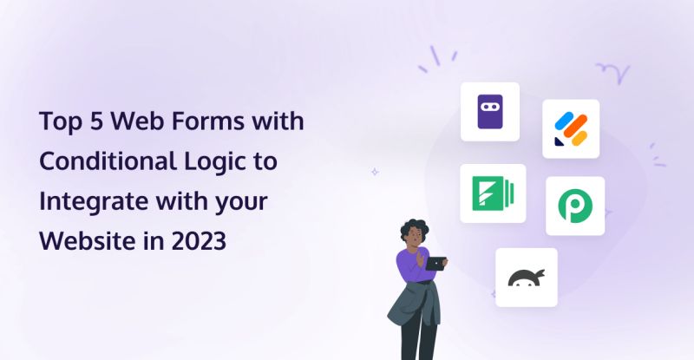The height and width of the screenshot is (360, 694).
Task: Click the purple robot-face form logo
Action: (x=489, y=112)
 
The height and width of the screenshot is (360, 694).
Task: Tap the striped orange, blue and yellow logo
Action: (x=571, y=129)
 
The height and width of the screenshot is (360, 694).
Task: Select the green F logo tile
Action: (x=493, y=193)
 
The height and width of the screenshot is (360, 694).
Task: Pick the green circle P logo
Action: (x=574, y=206)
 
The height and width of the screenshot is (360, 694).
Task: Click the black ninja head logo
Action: (x=527, y=278)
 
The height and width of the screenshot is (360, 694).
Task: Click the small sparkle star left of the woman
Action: (x=375, y=172)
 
